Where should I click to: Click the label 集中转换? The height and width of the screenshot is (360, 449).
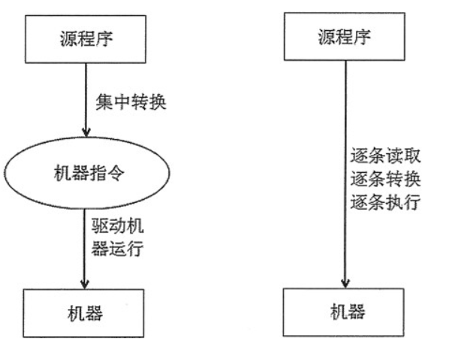(x=131, y=102)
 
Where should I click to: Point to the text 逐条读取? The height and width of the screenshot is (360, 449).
(x=385, y=156)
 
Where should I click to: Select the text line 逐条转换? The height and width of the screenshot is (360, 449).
(x=385, y=179)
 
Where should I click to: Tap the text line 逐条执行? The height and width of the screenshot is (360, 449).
(x=385, y=201)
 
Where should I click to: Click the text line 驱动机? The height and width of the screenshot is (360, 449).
(x=117, y=226)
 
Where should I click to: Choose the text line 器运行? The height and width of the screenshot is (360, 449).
(x=117, y=248)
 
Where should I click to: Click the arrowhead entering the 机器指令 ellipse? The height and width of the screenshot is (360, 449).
(x=86, y=132)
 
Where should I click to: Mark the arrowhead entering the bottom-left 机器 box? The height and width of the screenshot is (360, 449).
(x=85, y=284)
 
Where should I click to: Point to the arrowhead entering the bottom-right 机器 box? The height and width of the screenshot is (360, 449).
(x=345, y=283)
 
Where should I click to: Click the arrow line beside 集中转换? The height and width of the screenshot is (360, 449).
(x=86, y=100)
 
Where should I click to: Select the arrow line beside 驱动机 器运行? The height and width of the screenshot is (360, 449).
(x=85, y=249)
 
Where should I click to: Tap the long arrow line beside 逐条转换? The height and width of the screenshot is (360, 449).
(x=345, y=174)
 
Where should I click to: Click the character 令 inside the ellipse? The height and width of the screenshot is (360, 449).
(x=116, y=173)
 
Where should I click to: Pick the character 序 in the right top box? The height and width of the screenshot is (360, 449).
(x=362, y=37)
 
